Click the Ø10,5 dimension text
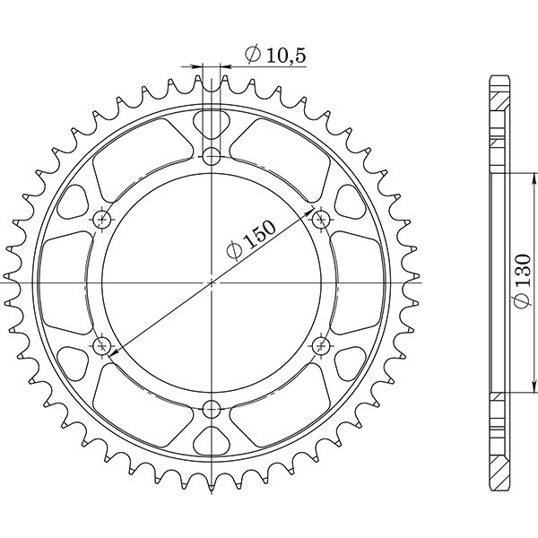point(275,56)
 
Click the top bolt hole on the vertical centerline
point(212,157)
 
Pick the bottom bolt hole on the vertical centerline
point(212,410)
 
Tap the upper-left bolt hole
point(101,220)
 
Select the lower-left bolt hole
point(101,345)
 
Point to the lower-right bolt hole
point(322,345)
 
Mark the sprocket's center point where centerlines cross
point(212,282)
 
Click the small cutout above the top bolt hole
point(212,121)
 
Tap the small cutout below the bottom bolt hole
point(212,442)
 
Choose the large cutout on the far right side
point(358,282)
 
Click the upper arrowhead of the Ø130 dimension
point(510,177)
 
